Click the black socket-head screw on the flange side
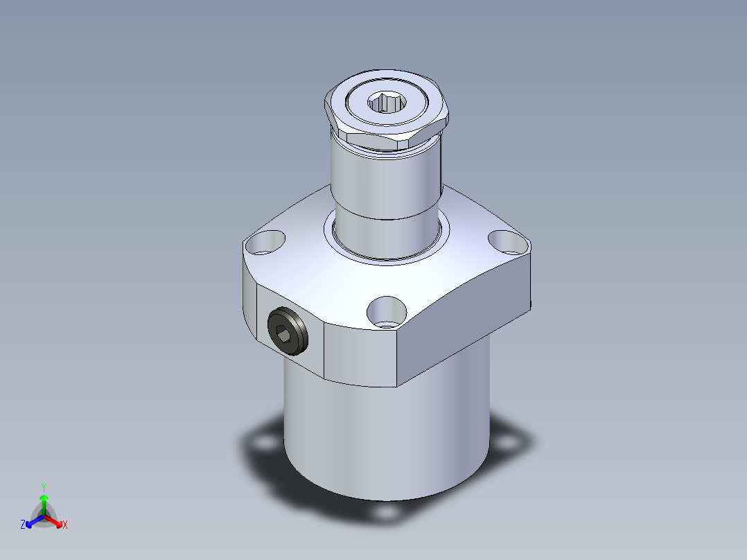[288, 331]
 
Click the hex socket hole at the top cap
[387, 103]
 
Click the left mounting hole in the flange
[265, 242]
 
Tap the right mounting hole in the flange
[509, 243]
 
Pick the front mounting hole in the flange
[387, 312]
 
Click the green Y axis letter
[44, 487]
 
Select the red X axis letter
[65, 525]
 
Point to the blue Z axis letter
[23, 525]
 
